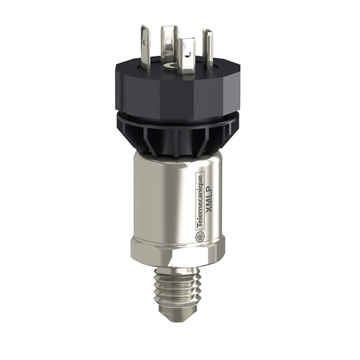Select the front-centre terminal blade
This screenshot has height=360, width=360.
pyautogui.click(x=187, y=55)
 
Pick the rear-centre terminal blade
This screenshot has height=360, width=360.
pyautogui.click(x=169, y=43)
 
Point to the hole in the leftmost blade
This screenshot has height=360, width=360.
pyautogui.click(x=144, y=42)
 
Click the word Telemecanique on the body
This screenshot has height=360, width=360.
pyautogui.click(x=200, y=201)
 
